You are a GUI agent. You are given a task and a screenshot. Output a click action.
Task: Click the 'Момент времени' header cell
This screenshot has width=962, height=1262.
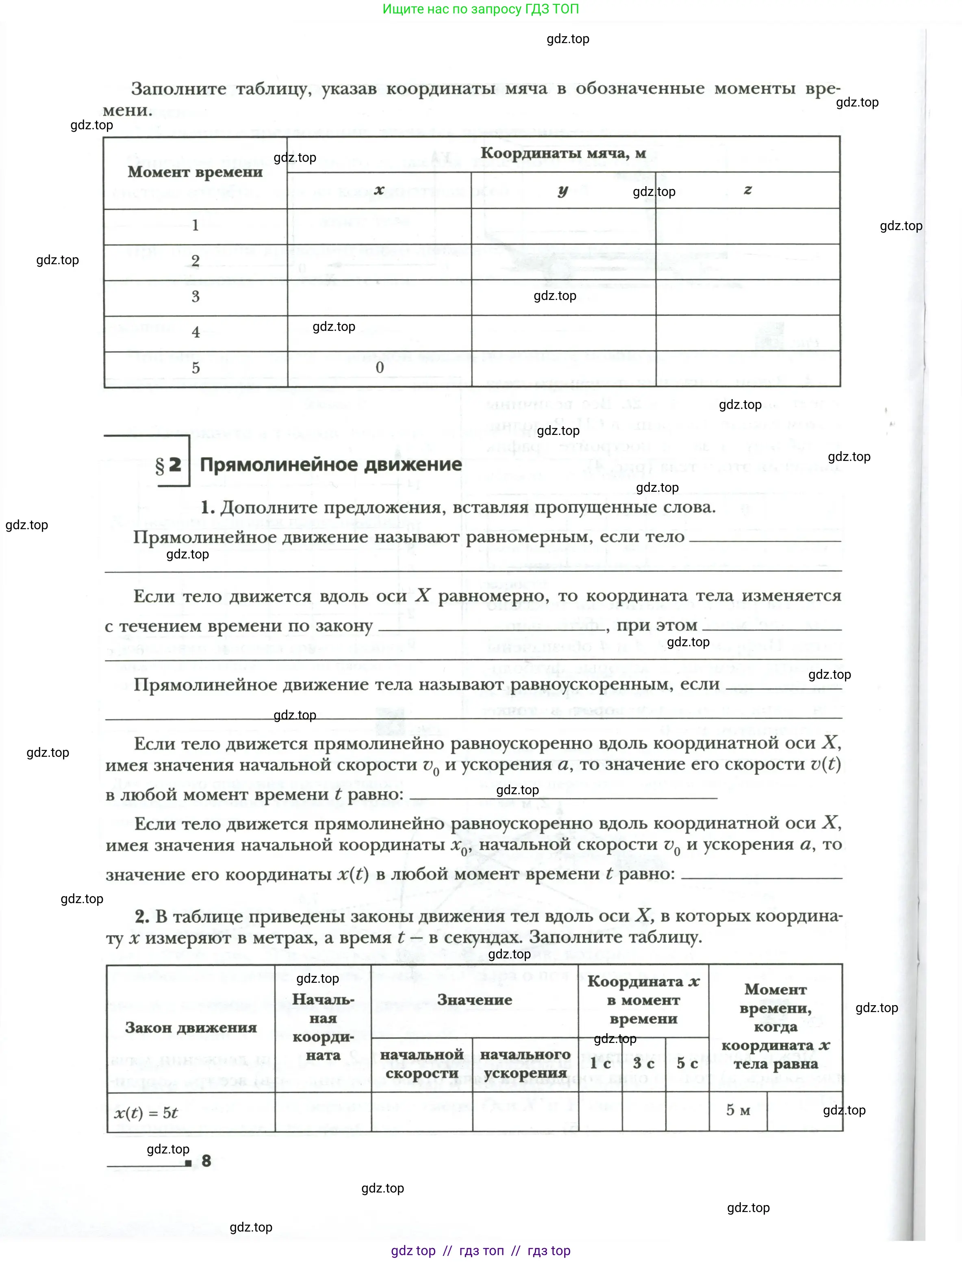(x=195, y=172)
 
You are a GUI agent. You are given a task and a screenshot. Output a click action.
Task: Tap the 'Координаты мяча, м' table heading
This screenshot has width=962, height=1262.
(x=563, y=154)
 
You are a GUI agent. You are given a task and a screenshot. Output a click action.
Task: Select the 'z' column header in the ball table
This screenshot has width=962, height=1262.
(x=747, y=190)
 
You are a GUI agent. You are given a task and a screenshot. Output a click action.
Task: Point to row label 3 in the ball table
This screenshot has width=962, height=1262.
(x=195, y=297)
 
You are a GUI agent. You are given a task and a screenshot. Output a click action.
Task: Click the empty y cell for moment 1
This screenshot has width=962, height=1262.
(x=563, y=226)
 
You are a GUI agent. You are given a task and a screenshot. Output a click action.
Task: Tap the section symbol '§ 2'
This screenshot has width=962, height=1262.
(x=168, y=465)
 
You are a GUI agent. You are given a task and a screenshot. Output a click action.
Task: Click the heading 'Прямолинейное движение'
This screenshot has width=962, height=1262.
(x=330, y=465)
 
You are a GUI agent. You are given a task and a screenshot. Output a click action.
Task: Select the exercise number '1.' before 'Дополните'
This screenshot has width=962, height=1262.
(x=207, y=507)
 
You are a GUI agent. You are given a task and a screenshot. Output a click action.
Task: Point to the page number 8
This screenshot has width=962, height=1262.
(x=206, y=1161)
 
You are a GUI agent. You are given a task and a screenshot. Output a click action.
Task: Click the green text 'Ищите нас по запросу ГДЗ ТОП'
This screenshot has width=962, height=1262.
(x=480, y=9)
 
